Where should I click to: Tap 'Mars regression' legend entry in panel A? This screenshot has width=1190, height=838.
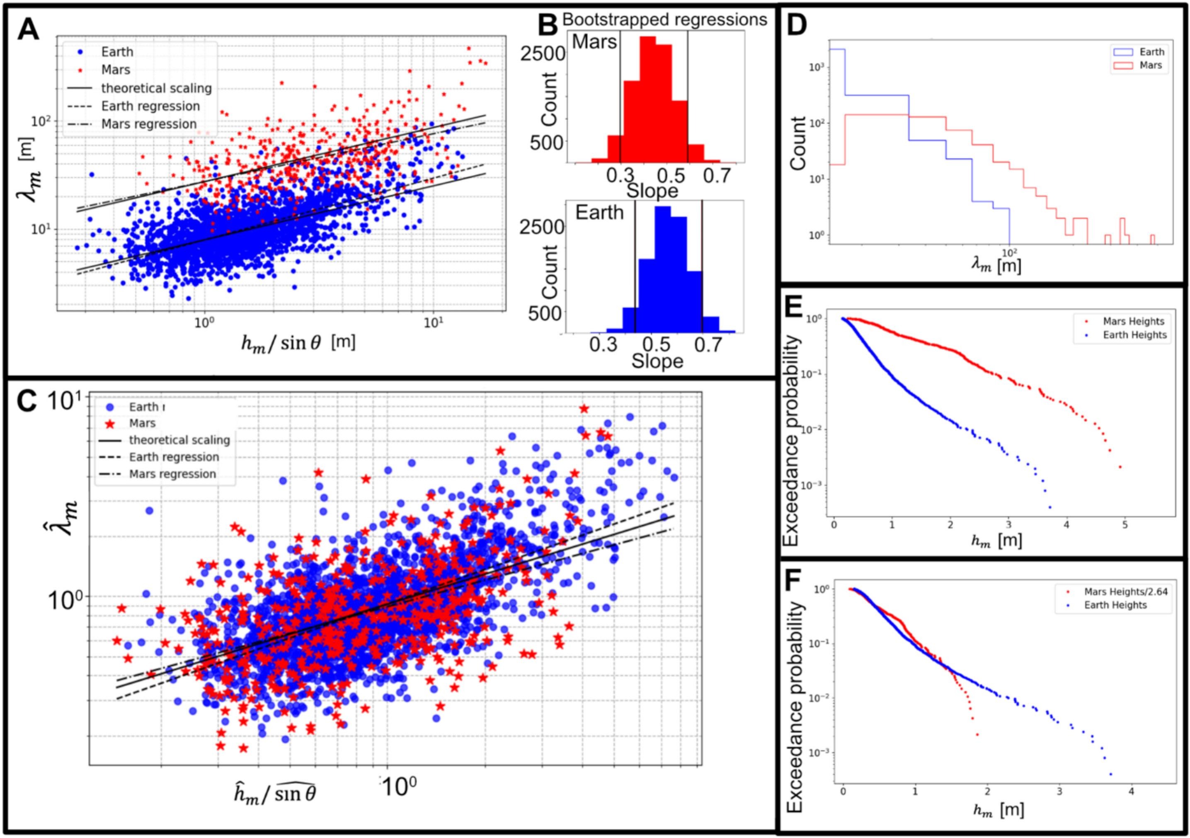(149, 124)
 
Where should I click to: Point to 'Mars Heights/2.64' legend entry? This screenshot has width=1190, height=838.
(1126, 592)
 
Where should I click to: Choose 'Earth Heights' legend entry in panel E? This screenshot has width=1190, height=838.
(1134, 335)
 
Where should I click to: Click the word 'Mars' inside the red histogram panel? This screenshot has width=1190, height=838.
(594, 41)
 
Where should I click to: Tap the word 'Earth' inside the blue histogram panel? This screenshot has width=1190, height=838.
(600, 213)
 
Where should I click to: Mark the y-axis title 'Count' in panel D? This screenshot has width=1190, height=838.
(799, 143)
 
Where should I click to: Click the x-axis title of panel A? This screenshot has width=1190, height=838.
(298, 343)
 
